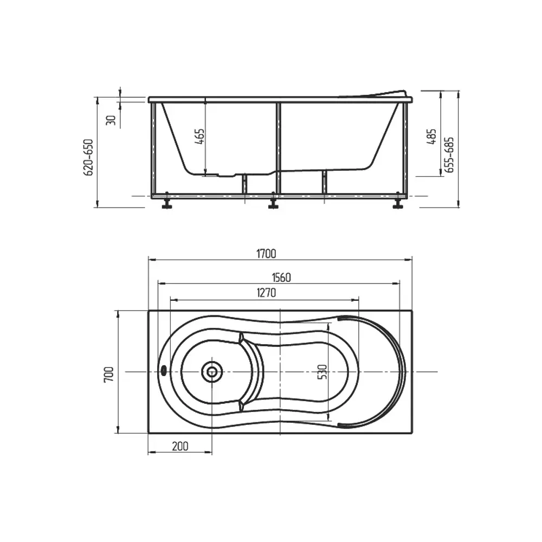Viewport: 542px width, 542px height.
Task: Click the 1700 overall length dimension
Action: tap(266, 254)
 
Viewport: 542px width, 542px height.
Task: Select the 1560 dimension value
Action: tap(281, 278)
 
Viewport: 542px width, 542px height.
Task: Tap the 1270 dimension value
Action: tap(266, 293)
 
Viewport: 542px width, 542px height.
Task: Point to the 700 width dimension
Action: tap(108, 374)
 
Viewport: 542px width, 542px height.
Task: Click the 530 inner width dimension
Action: tap(322, 372)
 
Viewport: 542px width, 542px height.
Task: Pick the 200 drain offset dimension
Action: tap(180, 446)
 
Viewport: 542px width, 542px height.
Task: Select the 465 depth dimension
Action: tap(200, 137)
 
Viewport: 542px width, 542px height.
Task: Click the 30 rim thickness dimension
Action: tap(111, 120)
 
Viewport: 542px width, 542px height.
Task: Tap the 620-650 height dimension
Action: tap(88, 157)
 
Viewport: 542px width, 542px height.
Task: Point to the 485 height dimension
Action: tap(432, 137)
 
